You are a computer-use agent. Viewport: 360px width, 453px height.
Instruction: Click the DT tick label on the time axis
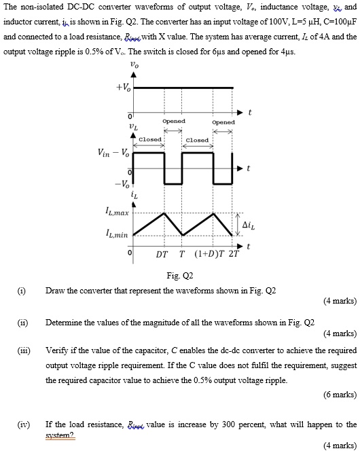pos(162,255)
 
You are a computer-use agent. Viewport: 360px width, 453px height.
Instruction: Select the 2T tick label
pos(234,255)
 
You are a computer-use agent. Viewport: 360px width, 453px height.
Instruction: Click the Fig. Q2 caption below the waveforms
pos(180,276)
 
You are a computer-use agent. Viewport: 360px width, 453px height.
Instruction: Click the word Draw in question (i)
pos(56,291)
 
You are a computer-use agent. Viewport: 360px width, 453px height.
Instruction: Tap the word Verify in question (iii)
pos(57,350)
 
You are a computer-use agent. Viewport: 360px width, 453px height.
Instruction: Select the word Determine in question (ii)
pos(65,323)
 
